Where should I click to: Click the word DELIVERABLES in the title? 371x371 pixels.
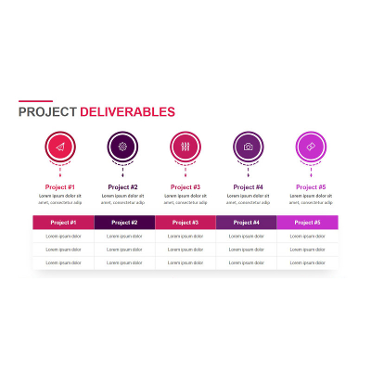tap(127, 112)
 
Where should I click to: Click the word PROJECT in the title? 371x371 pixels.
tap(48, 112)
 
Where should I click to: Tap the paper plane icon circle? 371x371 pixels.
tap(60, 147)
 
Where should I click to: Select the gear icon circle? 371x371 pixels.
tap(122, 147)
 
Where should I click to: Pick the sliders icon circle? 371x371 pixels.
tap(185, 147)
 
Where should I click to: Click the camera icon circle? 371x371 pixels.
tap(248, 147)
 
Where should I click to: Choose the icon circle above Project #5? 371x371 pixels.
tap(311, 147)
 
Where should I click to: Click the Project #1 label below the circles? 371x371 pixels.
tap(60, 187)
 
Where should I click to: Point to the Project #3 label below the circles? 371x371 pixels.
tap(185, 187)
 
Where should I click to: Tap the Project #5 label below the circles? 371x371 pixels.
tap(311, 187)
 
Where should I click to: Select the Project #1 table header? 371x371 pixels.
tap(63, 223)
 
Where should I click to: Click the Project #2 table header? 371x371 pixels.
tap(124, 223)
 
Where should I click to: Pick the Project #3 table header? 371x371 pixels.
tap(185, 223)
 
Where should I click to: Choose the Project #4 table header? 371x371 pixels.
tap(247, 223)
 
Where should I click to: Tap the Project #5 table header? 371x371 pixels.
tap(308, 223)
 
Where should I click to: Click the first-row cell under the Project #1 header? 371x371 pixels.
tap(63, 237)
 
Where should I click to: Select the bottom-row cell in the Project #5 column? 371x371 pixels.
tap(308, 262)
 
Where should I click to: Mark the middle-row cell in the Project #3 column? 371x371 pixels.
tap(185, 249)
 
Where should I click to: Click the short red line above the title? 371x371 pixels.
tap(35, 101)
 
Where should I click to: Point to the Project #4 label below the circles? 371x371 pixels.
tap(248, 187)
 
